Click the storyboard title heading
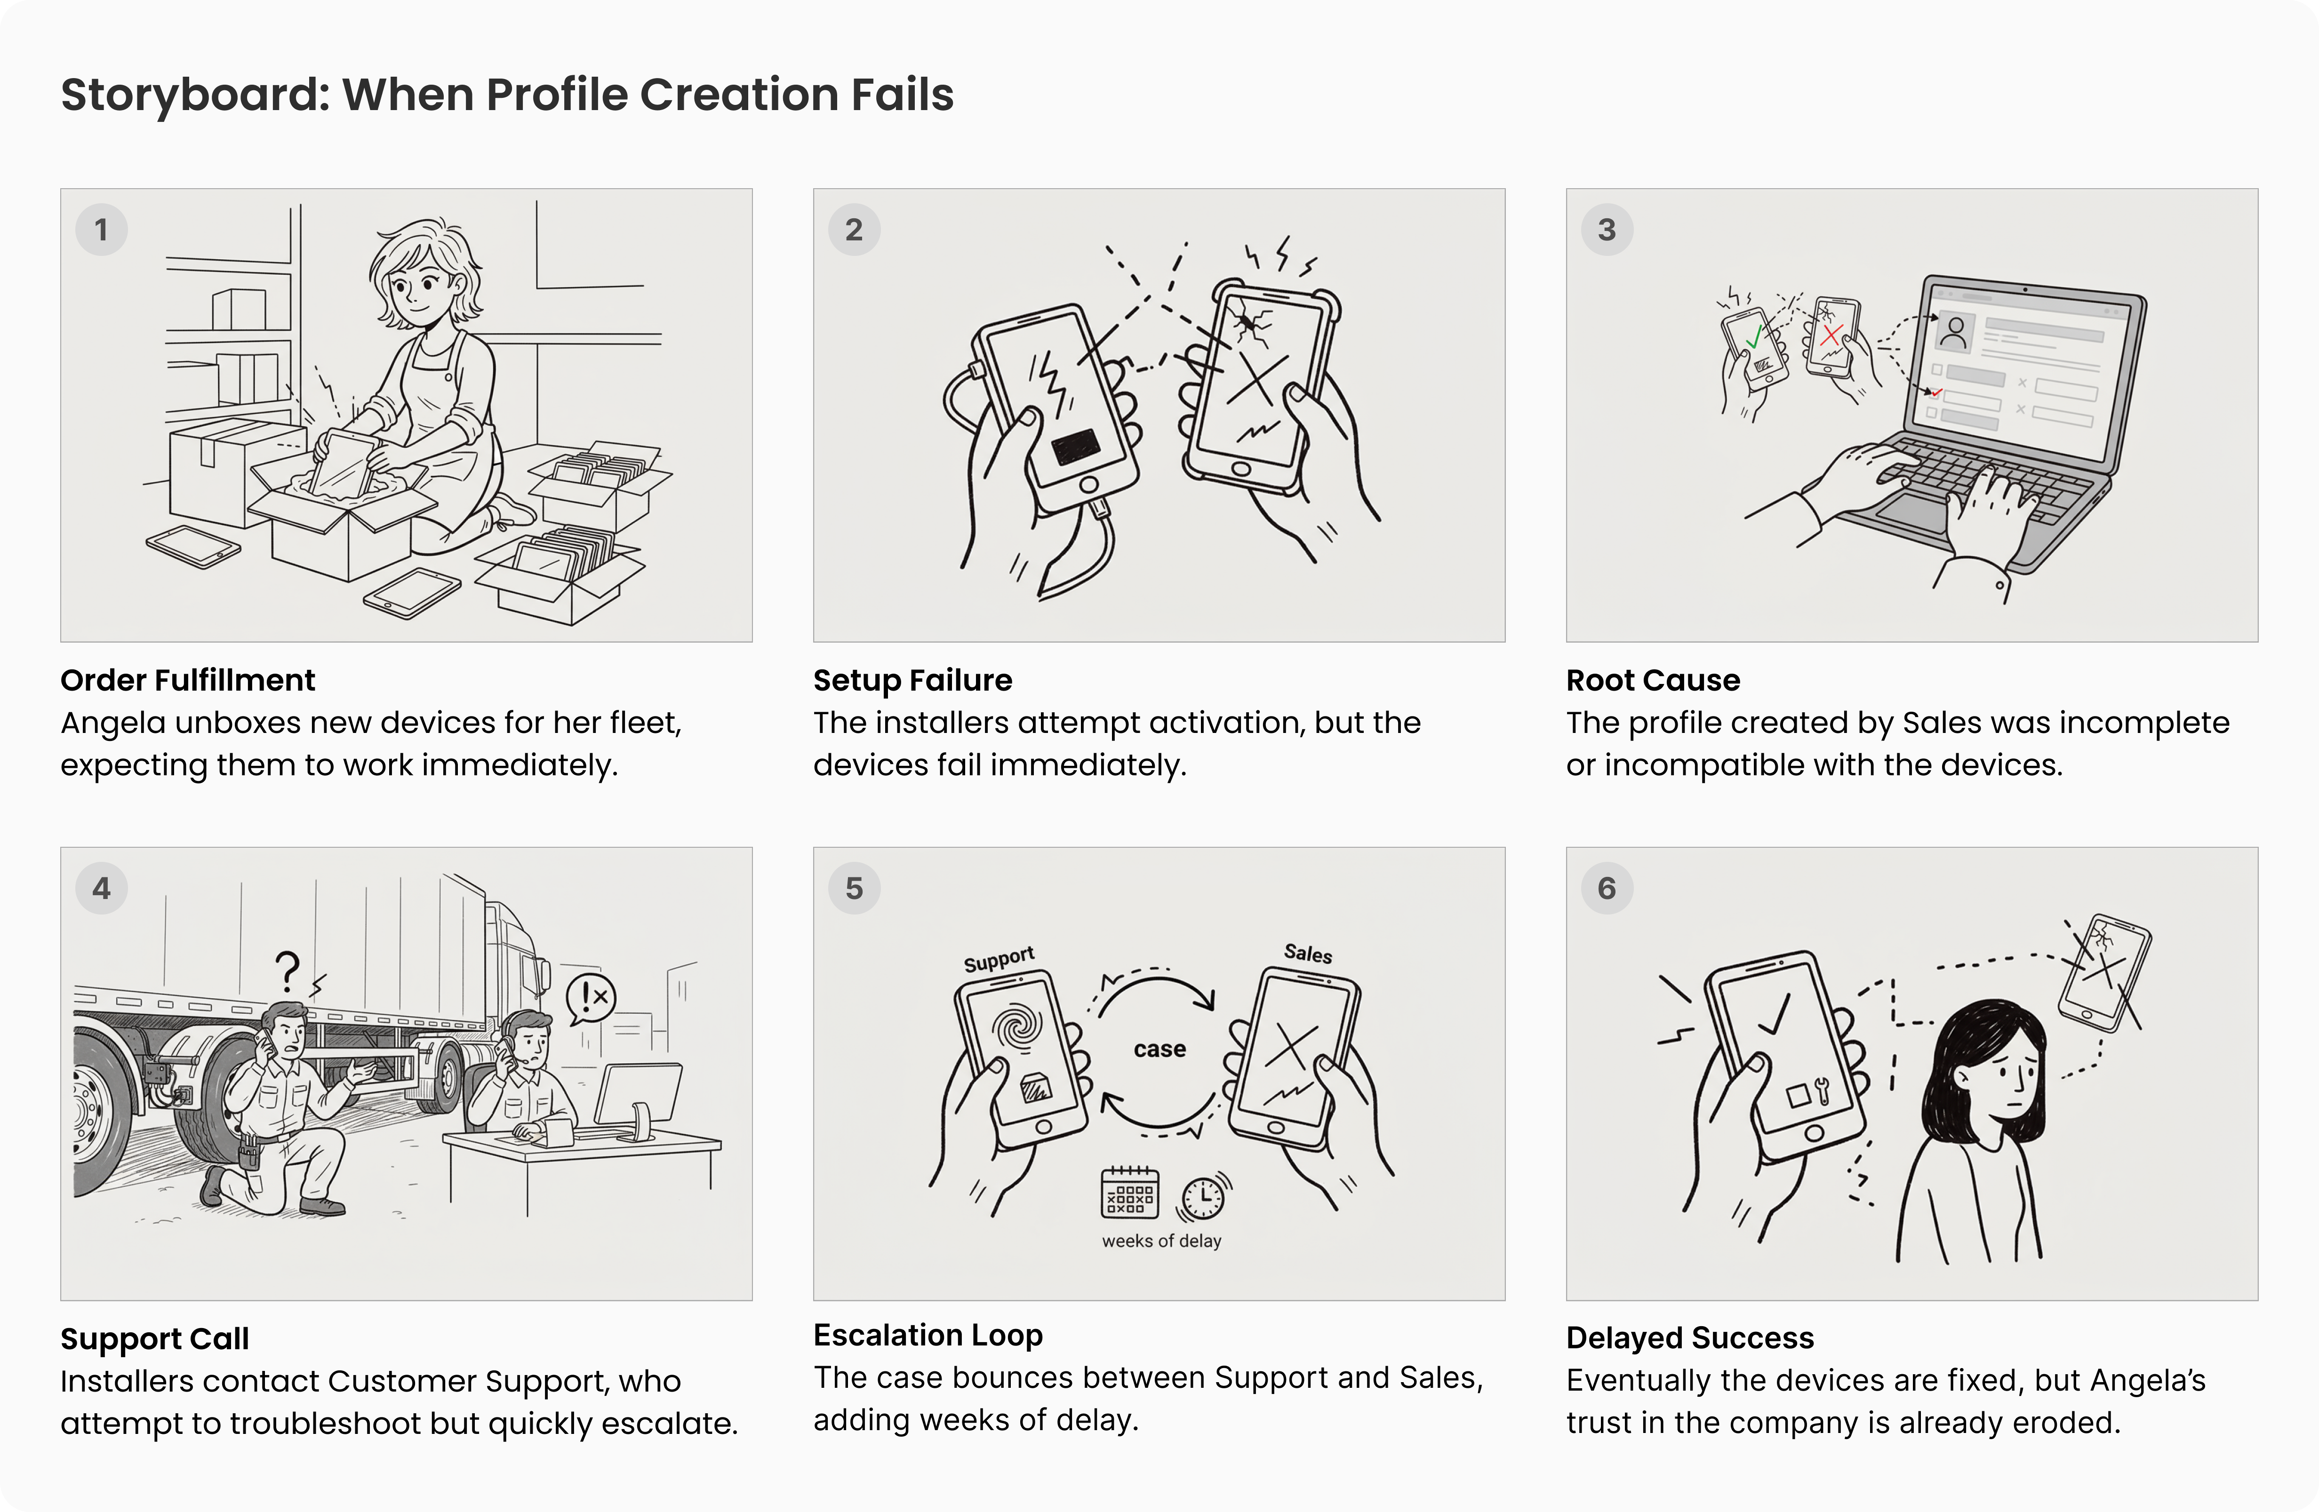[507, 95]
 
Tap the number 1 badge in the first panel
[101, 230]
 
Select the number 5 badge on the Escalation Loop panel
[854, 889]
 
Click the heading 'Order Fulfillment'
[187, 680]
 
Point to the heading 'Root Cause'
[1653, 680]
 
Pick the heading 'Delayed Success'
[1689, 1337]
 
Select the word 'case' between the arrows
[1159, 1049]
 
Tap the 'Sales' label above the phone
[1308, 953]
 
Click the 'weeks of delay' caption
[1161, 1241]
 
